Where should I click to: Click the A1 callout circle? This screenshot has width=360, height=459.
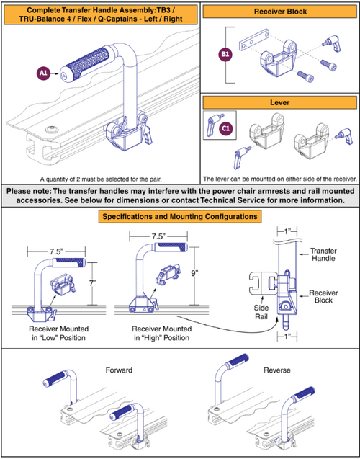click(42, 73)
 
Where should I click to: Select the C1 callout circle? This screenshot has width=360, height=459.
click(225, 128)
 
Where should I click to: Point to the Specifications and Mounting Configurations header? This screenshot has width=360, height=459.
click(179, 215)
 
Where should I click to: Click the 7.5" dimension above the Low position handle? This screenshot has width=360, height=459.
click(57, 251)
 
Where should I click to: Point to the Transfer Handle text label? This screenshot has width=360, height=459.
click(322, 256)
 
